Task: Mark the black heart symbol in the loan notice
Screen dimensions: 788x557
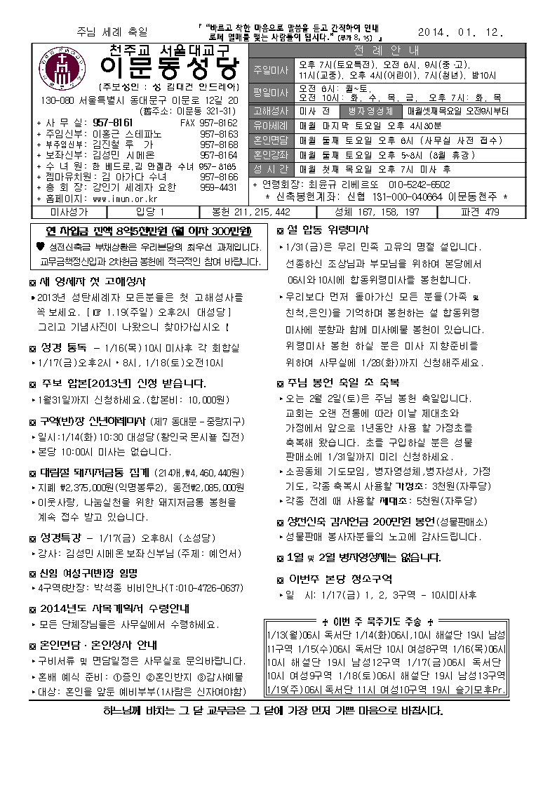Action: [41, 247]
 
